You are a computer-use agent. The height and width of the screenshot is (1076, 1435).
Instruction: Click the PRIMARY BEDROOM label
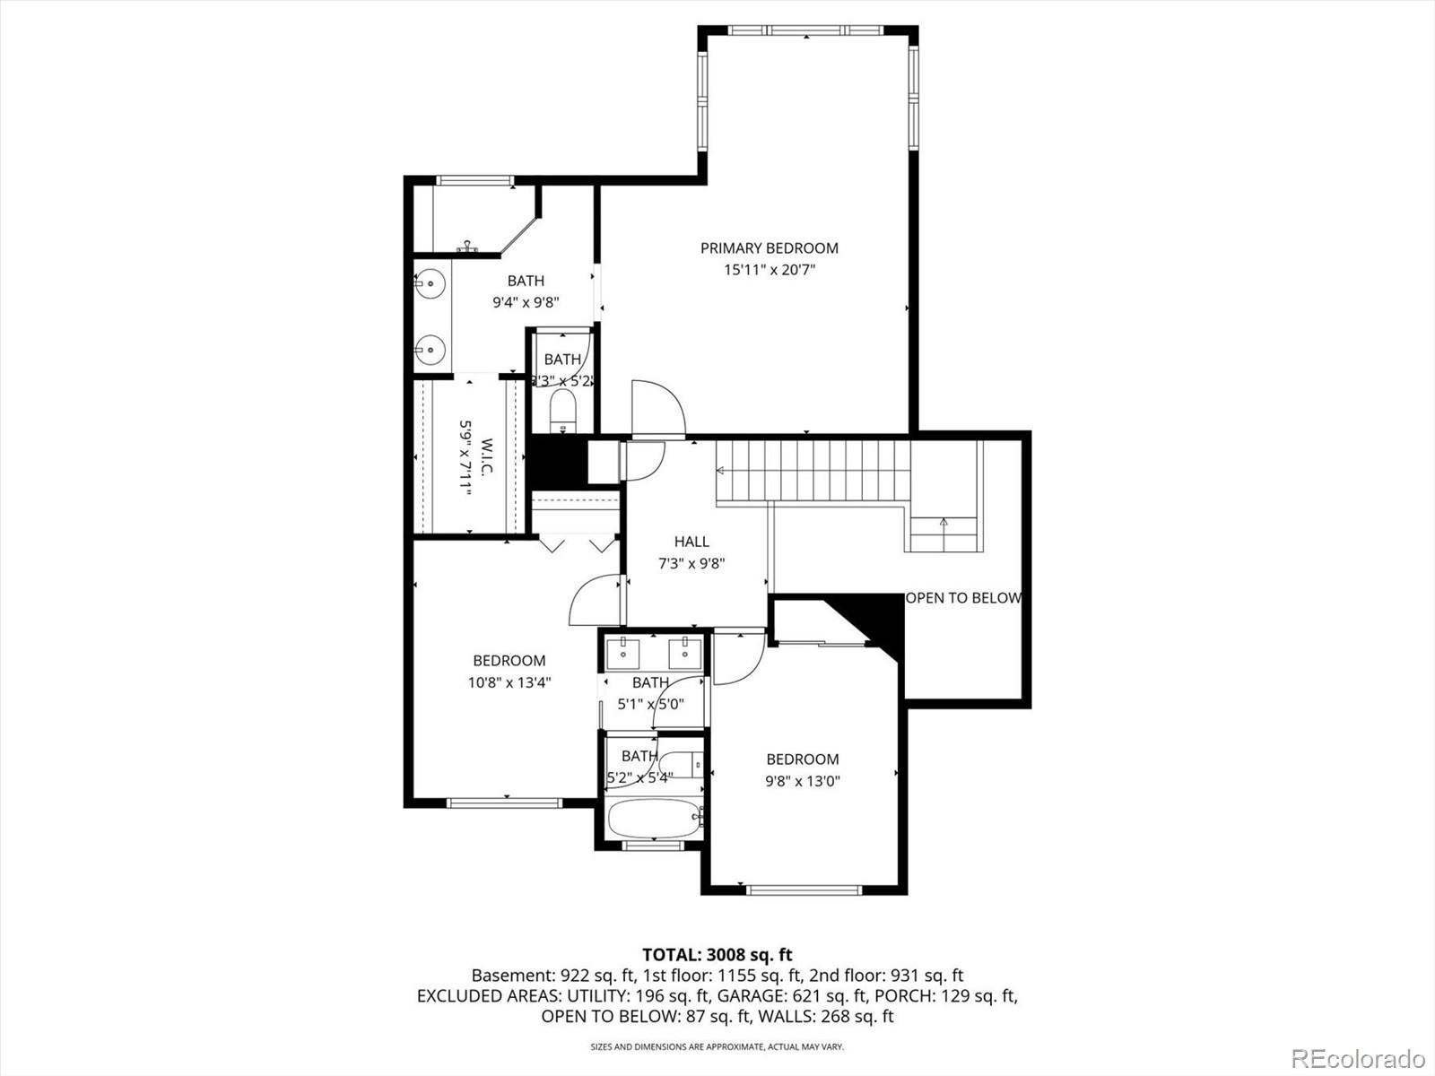pos(769,248)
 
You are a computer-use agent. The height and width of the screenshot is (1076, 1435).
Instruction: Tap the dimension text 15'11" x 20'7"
pos(769,270)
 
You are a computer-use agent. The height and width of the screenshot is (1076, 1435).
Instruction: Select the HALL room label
pos(691,542)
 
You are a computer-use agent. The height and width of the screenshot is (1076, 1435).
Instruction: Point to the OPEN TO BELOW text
pos(963,598)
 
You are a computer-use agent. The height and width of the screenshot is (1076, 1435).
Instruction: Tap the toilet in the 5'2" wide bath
pos(686,765)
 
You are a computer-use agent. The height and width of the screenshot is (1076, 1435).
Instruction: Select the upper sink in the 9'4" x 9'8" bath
pos(431,284)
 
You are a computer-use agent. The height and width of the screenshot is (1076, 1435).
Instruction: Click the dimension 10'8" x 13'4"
pos(509,682)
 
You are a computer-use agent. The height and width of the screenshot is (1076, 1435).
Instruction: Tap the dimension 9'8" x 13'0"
pos(802,781)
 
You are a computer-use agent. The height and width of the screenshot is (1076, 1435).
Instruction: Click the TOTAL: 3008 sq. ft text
pos(717,955)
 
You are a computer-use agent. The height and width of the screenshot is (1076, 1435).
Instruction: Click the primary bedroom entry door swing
pos(657,408)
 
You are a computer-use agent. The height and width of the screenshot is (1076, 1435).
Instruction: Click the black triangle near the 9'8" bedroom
pos(874,619)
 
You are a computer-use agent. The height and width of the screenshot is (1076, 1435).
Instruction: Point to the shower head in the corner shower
pos(466,246)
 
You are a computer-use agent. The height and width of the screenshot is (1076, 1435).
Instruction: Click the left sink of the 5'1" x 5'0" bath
pos(622,649)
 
